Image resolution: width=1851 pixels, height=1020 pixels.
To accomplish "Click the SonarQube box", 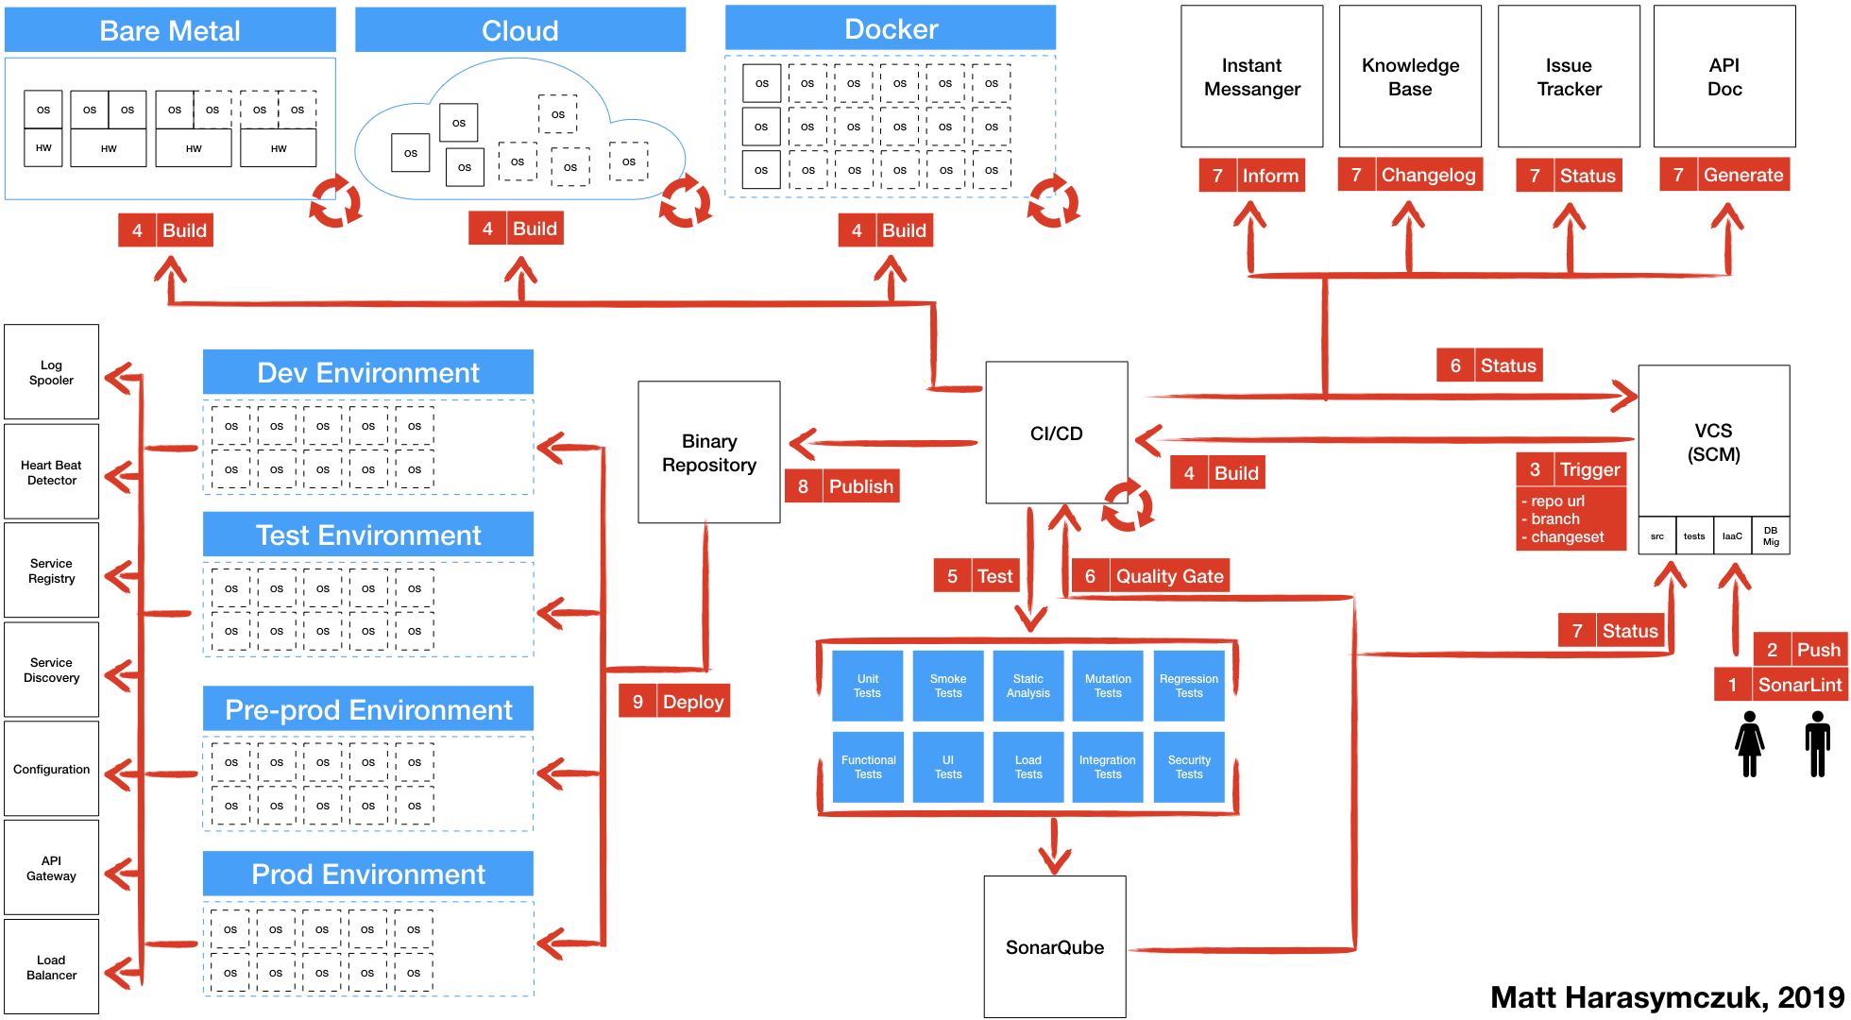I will [1055, 946].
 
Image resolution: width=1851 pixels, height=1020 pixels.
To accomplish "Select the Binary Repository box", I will [709, 452].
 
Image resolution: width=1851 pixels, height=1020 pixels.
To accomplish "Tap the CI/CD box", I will [1057, 433].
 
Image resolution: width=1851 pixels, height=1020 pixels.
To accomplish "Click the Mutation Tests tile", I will [1108, 686].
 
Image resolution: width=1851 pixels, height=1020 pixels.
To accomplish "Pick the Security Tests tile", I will [1189, 767].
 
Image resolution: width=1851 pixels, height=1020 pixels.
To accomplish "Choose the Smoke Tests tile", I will [948, 686].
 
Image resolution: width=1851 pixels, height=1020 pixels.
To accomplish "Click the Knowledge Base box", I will [1410, 76].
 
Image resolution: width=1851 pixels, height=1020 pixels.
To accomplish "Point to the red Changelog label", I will [1428, 175].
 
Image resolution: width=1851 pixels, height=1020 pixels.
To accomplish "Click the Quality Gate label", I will [1169, 576].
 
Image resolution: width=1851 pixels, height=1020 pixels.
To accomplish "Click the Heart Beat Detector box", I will [52, 472].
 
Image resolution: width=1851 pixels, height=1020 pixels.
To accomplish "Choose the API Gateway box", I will [52, 868].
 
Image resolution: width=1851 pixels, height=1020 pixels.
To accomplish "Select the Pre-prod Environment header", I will [368, 709].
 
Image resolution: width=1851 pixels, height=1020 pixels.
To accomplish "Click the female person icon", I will [1750, 744].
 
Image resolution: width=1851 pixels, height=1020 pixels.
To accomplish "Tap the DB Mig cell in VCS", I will [1771, 535].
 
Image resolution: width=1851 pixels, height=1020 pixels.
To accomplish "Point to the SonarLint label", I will [1799, 685].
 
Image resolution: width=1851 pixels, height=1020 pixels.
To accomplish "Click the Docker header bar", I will [891, 29].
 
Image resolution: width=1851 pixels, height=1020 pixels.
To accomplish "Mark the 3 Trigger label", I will [1589, 469].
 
